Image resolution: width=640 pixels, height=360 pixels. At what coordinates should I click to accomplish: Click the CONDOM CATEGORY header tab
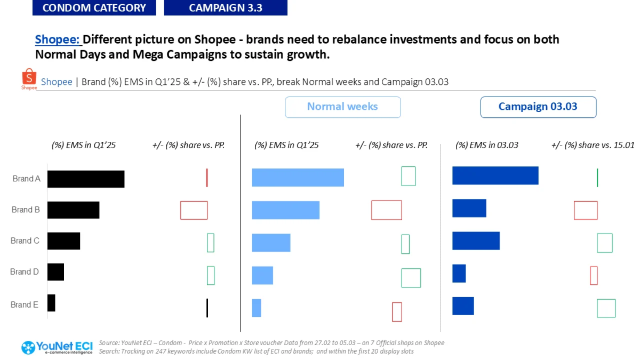tap(94, 7)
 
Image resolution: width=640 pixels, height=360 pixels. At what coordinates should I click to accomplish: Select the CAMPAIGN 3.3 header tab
tap(226, 7)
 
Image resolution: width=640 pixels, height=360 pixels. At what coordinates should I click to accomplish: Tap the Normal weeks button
tap(343, 107)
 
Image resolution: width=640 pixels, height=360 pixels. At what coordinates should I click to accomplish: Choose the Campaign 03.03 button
tap(538, 107)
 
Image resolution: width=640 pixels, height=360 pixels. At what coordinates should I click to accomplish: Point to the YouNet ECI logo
tap(57, 348)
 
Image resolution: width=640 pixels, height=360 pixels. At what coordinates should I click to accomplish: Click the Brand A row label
tap(26, 179)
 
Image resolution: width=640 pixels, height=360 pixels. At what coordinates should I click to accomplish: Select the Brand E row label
tap(25, 305)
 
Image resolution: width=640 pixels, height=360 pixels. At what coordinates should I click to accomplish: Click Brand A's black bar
tap(86, 179)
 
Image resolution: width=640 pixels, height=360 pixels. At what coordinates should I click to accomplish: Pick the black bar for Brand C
tap(63, 241)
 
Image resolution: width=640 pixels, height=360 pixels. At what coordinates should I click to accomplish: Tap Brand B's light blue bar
tap(286, 210)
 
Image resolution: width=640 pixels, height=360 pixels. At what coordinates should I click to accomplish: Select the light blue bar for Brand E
tap(257, 308)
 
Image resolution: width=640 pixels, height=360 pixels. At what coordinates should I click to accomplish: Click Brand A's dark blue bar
tap(495, 175)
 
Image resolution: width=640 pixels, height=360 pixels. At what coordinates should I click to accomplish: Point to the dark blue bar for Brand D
tap(459, 274)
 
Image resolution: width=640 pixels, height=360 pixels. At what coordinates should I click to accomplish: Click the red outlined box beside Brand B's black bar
tap(194, 201)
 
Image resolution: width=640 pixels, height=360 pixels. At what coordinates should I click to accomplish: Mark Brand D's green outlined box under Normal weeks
tap(411, 269)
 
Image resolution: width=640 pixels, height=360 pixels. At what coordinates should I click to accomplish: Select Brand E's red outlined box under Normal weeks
tap(397, 302)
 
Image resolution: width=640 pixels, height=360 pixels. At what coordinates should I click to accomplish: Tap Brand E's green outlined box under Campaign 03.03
tap(606, 299)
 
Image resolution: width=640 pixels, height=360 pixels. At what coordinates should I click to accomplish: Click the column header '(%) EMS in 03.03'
tap(487, 145)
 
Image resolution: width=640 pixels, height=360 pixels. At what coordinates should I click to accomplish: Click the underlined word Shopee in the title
tap(57, 39)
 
